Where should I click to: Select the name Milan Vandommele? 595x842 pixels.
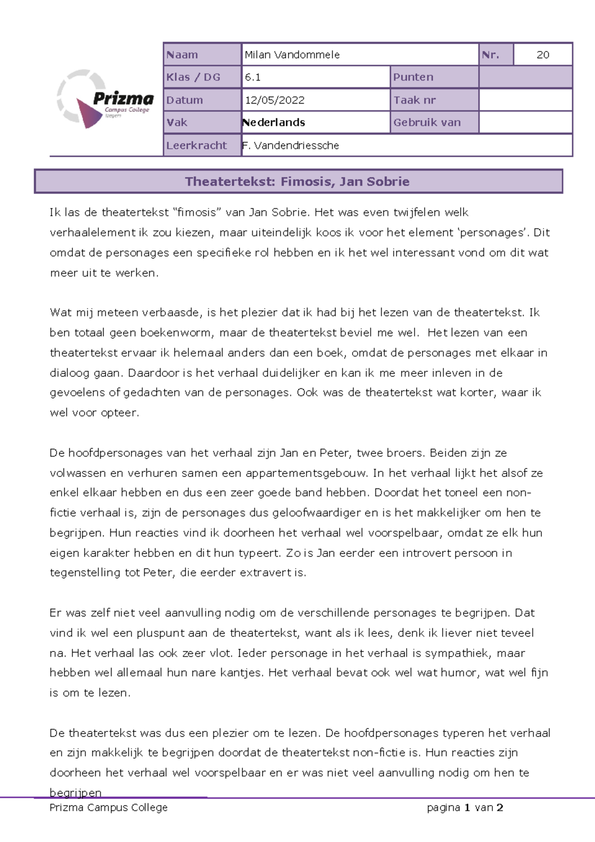pos(292,55)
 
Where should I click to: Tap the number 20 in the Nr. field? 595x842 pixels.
pos(542,55)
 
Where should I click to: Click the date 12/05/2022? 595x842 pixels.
pos(274,100)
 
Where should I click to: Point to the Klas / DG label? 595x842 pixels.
pos(193,77)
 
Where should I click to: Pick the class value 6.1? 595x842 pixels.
pos(253,77)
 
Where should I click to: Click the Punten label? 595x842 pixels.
pos(413,77)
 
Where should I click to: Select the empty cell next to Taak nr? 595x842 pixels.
pos(525,100)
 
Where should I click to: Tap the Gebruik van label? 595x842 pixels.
pos(427,122)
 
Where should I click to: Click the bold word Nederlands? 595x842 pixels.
pos(274,122)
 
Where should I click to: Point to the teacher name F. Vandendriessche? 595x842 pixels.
pos(291,146)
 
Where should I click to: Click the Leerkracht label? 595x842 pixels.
pos(196,146)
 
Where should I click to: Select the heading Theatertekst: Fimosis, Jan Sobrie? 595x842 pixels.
pos(297,181)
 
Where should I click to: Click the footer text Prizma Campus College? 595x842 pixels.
pos(109,808)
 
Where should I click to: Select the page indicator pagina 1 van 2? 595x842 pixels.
pos(465,808)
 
